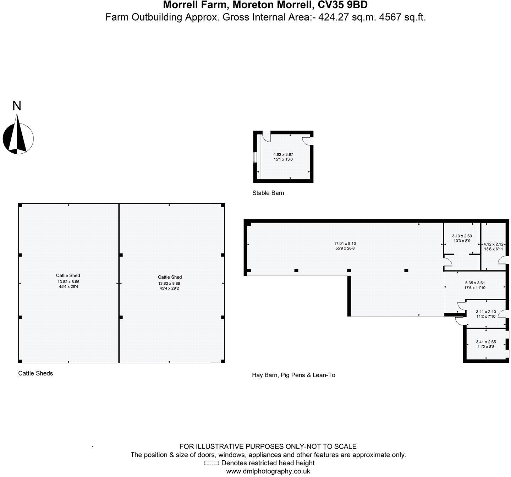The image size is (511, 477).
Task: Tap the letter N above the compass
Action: [17, 106]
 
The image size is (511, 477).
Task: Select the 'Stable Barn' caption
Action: [268, 193]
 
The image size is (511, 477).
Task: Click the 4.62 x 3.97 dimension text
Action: [283, 155]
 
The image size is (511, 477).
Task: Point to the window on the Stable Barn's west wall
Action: [255, 157]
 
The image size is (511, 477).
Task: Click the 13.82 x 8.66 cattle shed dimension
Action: [68, 282]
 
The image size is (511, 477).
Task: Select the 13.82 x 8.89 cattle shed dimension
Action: [170, 284]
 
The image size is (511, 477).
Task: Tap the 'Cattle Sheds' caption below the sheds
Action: [35, 373]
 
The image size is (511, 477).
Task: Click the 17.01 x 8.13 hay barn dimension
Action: [345, 243]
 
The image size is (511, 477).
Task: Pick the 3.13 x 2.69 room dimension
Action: [461, 236]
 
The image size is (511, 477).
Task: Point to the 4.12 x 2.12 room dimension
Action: [494, 244]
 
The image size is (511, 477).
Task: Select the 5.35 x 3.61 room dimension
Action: [475, 283]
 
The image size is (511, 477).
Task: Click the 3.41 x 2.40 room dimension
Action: [485, 312]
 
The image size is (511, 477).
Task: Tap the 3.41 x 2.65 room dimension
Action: [485, 342]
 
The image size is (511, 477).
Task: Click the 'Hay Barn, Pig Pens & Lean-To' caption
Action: [293, 375]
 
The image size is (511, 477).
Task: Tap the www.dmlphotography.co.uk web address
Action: [268, 471]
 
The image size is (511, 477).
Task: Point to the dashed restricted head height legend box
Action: [211, 463]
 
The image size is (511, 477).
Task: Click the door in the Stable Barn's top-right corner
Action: [308, 139]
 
